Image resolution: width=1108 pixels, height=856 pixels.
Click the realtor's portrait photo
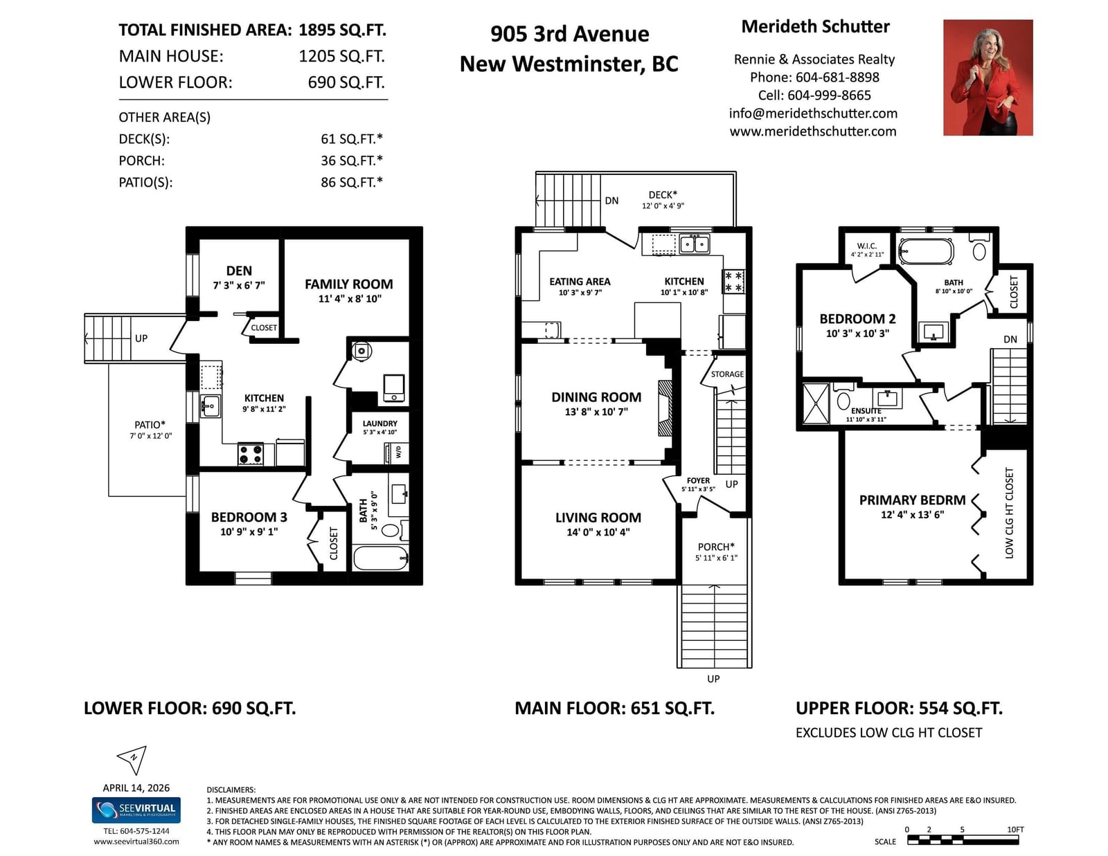988,78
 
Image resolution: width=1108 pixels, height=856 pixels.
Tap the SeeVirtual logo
136,810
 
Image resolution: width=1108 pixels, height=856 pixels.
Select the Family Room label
349,284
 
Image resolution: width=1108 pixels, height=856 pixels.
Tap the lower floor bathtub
380,558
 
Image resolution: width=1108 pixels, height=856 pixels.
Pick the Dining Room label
596,397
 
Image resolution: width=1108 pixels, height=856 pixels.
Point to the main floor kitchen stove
734,282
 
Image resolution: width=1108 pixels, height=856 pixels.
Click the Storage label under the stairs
727,374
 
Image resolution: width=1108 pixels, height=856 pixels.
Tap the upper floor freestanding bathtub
925,251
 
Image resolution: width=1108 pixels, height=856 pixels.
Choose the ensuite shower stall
816,403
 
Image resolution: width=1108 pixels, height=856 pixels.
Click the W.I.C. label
867,246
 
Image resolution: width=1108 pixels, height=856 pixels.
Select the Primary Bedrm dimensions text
912,515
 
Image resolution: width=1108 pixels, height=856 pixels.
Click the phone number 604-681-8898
837,78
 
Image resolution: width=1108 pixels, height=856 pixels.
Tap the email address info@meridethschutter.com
813,113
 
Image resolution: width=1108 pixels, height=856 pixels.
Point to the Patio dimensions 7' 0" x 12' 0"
150,436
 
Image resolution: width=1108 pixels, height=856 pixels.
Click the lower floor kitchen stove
251,454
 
